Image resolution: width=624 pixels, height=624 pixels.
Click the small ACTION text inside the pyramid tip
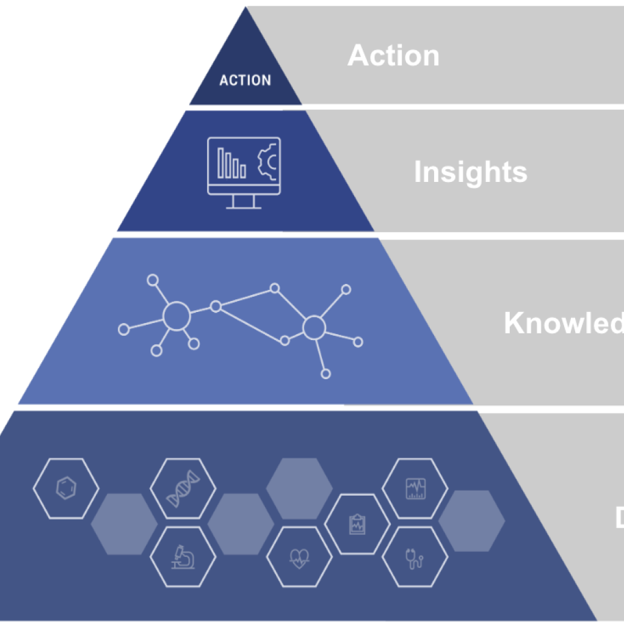point(245,80)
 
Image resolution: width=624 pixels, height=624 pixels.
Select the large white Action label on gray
point(393,56)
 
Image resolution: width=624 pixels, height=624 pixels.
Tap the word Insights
point(470,172)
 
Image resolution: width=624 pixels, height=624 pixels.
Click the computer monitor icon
point(244,172)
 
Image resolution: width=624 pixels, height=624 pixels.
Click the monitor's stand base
point(244,206)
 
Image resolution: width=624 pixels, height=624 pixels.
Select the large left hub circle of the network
point(176,316)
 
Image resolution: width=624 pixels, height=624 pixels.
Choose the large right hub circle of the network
point(314,328)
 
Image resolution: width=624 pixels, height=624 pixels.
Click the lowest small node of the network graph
point(325,374)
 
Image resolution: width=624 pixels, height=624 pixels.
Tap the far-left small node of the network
point(123,330)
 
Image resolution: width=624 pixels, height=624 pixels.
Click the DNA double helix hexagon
point(183,488)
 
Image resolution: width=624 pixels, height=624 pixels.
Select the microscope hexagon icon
point(183,556)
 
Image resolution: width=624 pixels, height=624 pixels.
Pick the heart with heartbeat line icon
point(299,557)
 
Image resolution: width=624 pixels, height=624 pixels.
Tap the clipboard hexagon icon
point(357,524)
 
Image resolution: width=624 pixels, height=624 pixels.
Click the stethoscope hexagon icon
point(415,557)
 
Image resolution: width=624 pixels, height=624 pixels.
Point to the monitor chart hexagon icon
point(415,488)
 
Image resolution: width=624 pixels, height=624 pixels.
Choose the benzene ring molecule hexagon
point(66,488)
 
